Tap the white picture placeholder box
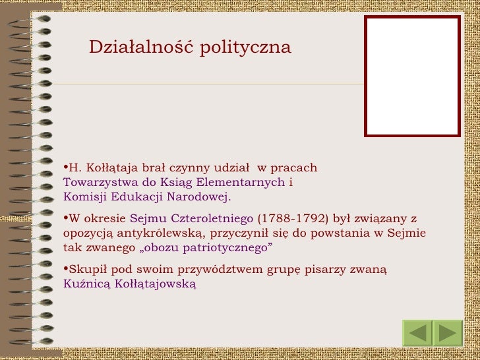pos(412,76)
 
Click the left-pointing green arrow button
pos(417,333)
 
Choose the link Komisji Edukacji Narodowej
pos(146,196)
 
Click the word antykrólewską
pos(154,233)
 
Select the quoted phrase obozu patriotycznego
pos(207,248)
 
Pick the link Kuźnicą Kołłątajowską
pos(130,284)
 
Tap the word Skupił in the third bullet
pos(86,269)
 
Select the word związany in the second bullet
pos(381,219)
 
